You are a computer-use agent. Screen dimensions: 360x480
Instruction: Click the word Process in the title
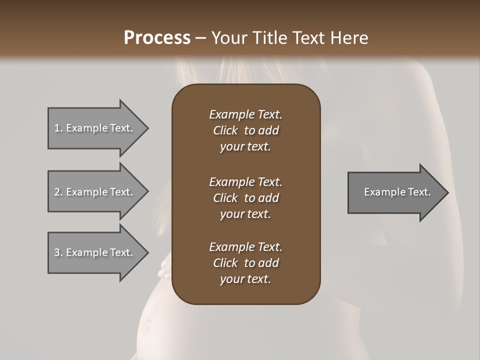click(x=157, y=38)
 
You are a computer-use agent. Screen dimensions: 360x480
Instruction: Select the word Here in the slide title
click(x=349, y=38)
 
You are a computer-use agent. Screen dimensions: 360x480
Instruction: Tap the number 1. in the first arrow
click(x=58, y=128)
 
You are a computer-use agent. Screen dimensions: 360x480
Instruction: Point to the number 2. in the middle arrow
click(x=58, y=192)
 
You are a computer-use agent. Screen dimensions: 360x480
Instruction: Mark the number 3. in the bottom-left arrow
click(x=58, y=252)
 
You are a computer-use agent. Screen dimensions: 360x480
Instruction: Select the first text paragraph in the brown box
click(x=245, y=130)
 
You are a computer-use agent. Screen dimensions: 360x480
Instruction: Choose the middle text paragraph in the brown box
click(x=245, y=198)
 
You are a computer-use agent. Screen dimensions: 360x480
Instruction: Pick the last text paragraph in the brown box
click(x=245, y=263)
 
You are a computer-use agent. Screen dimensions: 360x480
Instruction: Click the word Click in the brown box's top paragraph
click(x=225, y=130)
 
